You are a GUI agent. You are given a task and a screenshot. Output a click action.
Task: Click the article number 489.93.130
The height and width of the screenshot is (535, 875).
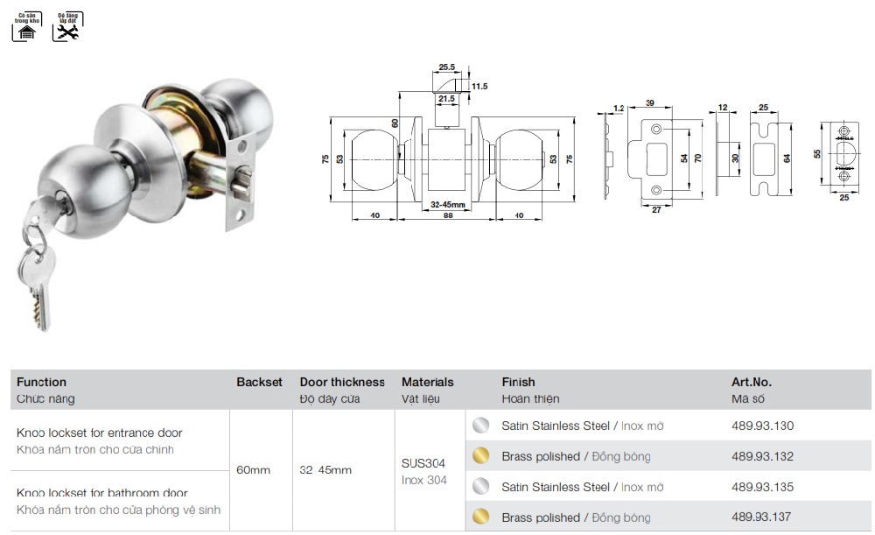point(761,426)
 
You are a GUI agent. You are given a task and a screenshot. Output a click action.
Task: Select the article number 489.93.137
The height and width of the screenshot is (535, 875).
point(761,517)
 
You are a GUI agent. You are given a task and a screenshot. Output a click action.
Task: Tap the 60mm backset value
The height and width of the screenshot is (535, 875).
point(254,470)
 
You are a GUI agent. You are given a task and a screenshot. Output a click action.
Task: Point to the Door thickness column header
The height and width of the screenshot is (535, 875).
point(342,383)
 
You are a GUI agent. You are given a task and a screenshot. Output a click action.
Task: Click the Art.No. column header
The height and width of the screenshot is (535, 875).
point(751,383)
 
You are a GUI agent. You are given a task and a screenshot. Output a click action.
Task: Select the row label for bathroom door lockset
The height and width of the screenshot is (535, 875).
point(102,494)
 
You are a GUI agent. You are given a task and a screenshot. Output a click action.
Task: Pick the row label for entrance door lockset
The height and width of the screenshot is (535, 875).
point(100,433)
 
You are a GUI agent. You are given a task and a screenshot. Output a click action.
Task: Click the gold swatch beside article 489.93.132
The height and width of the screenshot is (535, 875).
point(479,456)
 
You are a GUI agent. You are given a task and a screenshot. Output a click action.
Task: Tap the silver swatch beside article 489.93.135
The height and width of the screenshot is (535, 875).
point(479,487)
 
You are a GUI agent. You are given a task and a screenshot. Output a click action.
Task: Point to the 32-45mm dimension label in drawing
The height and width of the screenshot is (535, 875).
point(446,204)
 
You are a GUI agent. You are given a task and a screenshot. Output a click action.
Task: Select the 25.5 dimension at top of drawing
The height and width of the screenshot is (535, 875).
point(446,67)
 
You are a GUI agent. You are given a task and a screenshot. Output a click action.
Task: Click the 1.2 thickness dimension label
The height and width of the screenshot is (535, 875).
point(619,108)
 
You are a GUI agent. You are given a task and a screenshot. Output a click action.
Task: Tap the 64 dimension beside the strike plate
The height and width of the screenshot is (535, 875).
point(787,158)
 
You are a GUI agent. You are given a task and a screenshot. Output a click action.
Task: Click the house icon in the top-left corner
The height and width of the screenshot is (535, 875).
point(24,32)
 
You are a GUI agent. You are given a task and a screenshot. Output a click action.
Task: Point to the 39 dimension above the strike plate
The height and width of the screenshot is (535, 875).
point(650,103)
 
